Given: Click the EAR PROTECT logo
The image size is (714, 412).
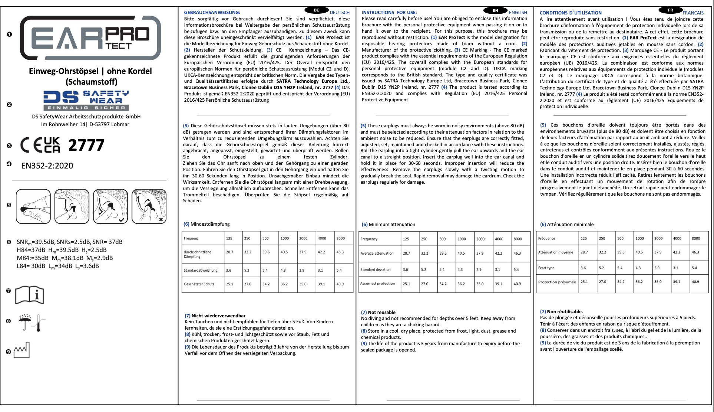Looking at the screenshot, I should [x=90, y=38].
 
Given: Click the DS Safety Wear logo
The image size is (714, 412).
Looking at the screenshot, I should [x=86, y=100].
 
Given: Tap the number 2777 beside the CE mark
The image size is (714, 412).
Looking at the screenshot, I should [x=86, y=145].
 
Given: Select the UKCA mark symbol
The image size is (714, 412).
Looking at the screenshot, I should [x=52, y=145].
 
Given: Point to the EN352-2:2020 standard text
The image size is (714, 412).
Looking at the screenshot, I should [x=47, y=166].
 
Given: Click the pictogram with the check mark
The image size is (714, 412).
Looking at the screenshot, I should [x=110, y=206].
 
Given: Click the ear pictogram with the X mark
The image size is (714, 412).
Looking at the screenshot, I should [x=149, y=206].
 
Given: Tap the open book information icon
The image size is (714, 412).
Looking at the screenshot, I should [x=29, y=295].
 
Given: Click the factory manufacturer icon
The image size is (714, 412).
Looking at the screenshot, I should [x=22, y=350].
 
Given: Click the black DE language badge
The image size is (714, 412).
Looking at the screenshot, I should [x=316, y=10].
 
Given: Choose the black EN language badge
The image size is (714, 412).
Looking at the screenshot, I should [x=495, y=10].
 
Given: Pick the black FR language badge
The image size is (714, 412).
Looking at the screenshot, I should [x=670, y=10].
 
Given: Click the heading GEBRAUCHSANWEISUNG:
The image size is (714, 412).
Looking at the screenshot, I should [x=212, y=13].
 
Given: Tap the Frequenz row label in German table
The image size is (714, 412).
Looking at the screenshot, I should [x=191, y=238].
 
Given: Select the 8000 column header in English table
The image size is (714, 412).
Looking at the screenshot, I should [x=518, y=239].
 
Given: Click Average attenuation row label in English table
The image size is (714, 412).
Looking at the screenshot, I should [x=377, y=254].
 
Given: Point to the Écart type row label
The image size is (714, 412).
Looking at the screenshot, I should [x=546, y=268].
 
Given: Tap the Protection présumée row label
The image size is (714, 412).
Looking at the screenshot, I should [x=557, y=282].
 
